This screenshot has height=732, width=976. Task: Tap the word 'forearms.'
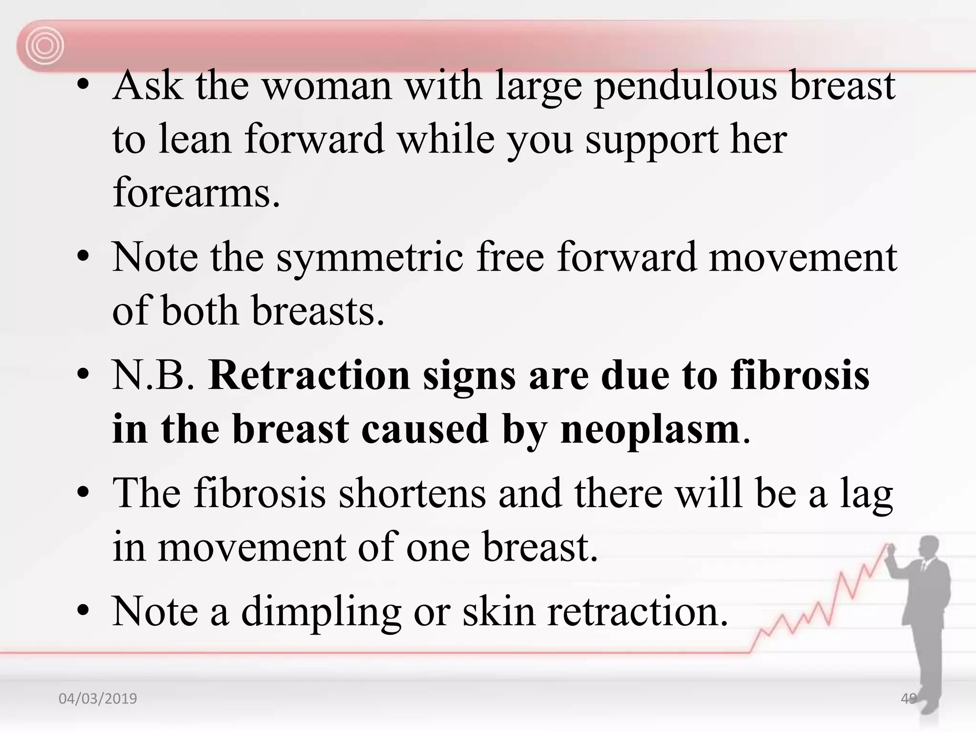(x=196, y=193)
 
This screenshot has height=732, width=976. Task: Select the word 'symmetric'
(x=370, y=259)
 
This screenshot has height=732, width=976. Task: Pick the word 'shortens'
(x=412, y=494)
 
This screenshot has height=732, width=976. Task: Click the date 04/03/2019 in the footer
(x=98, y=699)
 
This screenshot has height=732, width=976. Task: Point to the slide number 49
(x=908, y=699)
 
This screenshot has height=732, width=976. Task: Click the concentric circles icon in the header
(x=44, y=46)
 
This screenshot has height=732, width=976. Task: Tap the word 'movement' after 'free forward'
(x=803, y=259)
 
